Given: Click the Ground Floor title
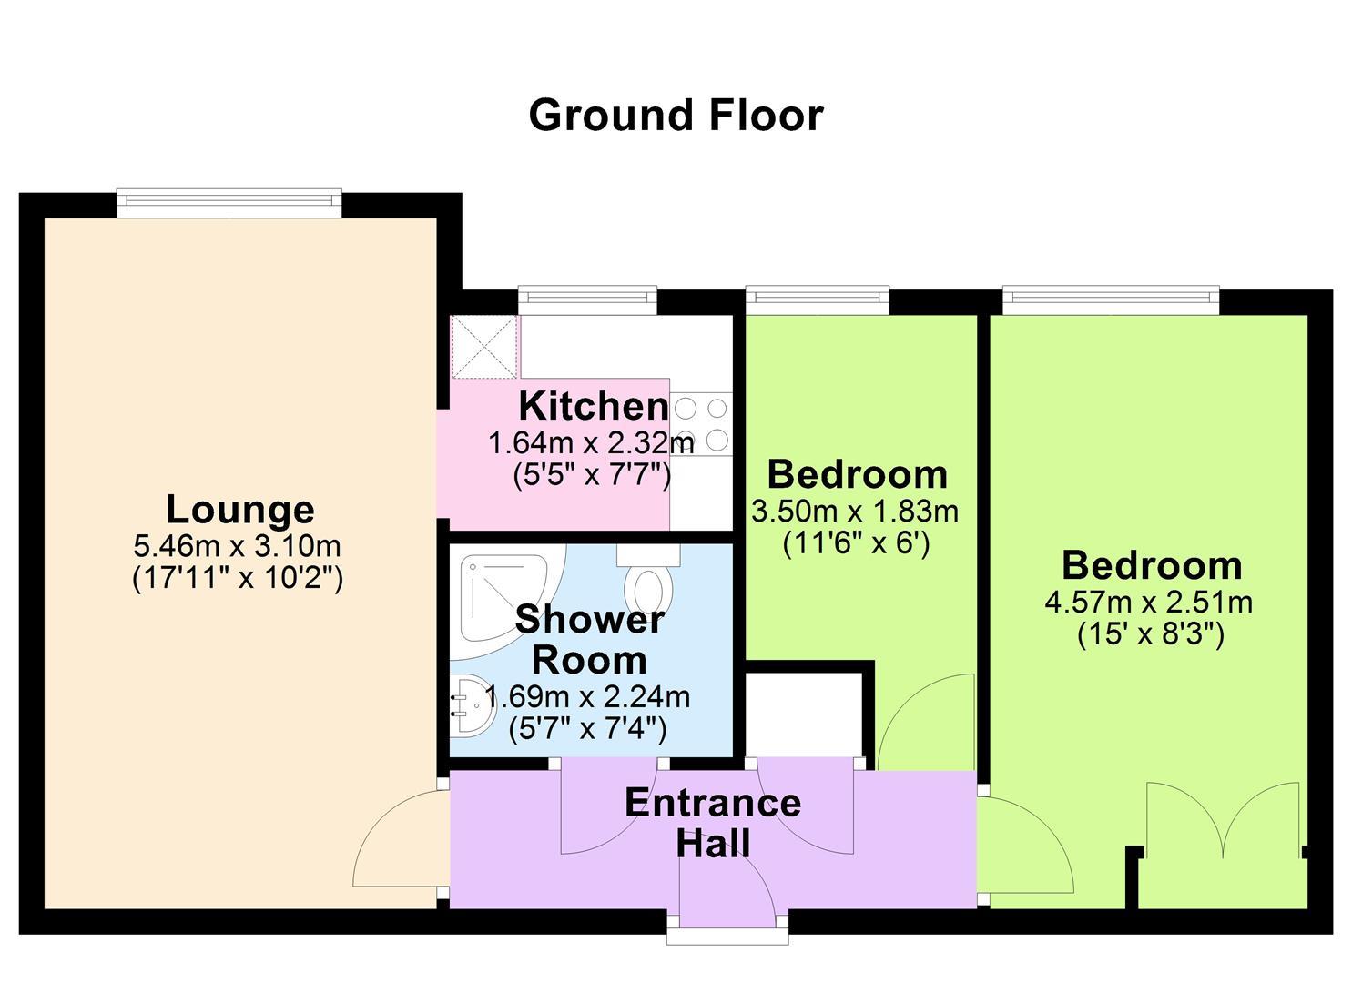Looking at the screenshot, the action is tap(676, 116).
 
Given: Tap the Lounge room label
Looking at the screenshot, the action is tap(240, 511).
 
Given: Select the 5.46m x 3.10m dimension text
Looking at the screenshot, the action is tap(238, 547).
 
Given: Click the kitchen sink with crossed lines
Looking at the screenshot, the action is tap(484, 347).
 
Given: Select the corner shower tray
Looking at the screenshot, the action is tap(507, 602).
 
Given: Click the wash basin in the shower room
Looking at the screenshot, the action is tap(473, 705).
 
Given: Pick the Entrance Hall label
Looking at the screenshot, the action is tap(713, 823).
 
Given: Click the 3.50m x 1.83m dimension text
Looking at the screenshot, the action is tap(855, 512).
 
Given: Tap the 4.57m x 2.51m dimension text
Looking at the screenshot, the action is tap(1149, 603).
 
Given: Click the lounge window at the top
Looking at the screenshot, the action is tap(229, 203).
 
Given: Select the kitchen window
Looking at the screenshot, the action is tap(587, 300).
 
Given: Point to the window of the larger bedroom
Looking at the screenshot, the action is tap(1111, 300).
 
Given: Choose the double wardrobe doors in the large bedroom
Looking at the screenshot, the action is tap(1223, 819).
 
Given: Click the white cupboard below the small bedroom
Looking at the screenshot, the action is tap(805, 714).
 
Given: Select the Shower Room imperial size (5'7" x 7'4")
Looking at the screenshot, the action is tap(587, 730).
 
